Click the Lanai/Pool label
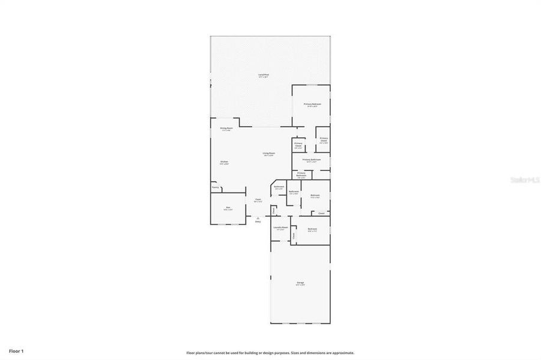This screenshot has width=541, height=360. pyautogui.click(x=261, y=75)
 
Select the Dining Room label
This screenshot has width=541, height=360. pyautogui.click(x=226, y=129)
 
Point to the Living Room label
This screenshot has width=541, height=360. pyautogui.click(x=268, y=154)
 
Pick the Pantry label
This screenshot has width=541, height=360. pyautogui.click(x=215, y=188)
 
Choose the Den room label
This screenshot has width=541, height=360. pyautogui.click(x=228, y=209)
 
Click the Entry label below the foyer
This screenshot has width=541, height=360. pyautogui.click(x=258, y=221)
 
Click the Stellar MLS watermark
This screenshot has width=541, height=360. pyautogui.click(x=524, y=179)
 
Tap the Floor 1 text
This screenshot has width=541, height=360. pyautogui.click(x=16, y=350)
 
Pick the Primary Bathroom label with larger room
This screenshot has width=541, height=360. pyautogui.click(x=312, y=160)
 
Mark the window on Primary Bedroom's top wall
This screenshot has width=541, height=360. pyautogui.click(x=311, y=85)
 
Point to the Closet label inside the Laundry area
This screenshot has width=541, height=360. pyautogui.click(x=294, y=236)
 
